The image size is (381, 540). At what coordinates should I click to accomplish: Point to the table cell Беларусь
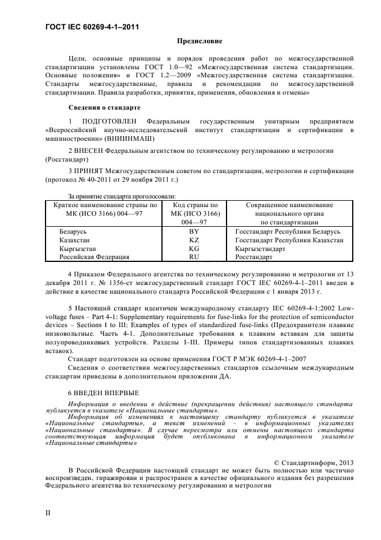coord(72,231)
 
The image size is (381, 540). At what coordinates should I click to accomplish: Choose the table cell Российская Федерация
coord(86,257)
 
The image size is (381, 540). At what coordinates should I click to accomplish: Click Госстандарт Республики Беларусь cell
coord(288,231)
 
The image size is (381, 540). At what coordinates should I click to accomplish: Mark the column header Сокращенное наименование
coord(289,205)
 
